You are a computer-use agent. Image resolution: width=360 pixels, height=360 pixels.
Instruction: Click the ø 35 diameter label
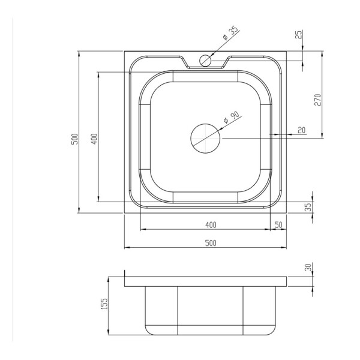click(x=231, y=34)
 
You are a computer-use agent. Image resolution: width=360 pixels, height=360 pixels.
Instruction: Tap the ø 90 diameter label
click(x=232, y=118)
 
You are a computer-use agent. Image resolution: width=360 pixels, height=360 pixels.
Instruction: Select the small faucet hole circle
click(x=205, y=61)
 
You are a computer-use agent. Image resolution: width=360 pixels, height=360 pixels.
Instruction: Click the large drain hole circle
click(x=205, y=139)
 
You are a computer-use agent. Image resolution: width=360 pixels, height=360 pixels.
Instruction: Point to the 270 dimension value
click(x=317, y=100)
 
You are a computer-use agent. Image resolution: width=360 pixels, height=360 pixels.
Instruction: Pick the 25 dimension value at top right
click(x=299, y=34)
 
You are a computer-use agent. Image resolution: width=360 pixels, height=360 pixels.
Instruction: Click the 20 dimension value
click(x=302, y=130)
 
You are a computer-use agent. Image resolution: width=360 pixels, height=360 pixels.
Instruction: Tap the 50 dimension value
click(x=278, y=225)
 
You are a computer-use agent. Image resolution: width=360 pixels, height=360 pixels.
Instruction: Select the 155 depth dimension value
click(x=104, y=304)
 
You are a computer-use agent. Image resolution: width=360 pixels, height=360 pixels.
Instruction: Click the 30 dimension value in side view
click(x=309, y=267)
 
